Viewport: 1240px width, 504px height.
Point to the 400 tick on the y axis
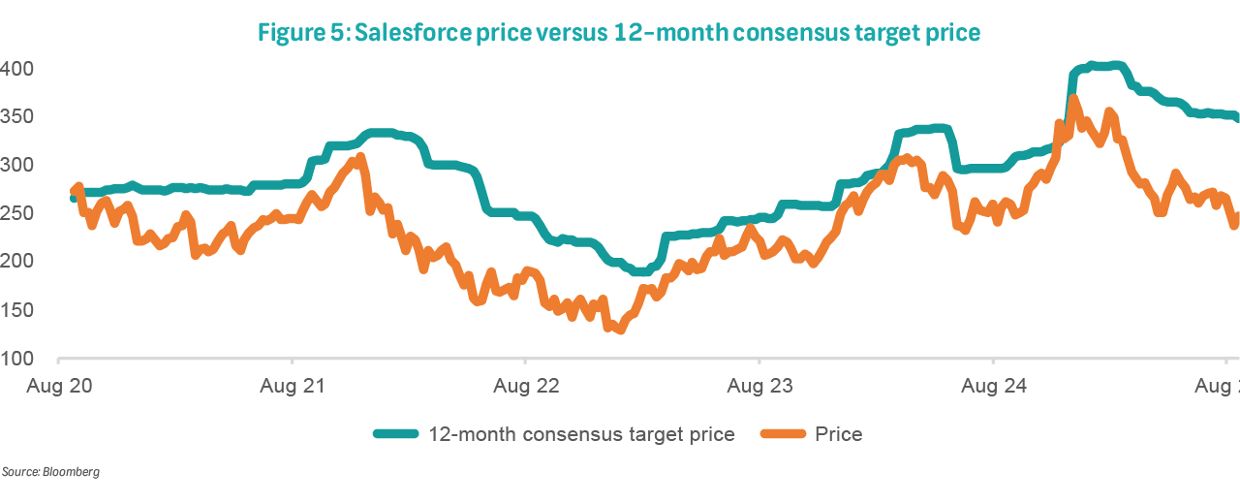pyautogui.click(x=17, y=69)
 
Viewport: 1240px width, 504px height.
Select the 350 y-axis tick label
pyautogui.click(x=17, y=117)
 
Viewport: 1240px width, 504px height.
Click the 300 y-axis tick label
pyautogui.click(x=17, y=166)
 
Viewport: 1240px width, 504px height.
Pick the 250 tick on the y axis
pyautogui.click(x=17, y=213)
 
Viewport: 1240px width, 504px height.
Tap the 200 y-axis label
pyautogui.click(x=17, y=262)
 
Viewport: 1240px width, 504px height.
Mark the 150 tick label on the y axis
pyautogui.click(x=17, y=310)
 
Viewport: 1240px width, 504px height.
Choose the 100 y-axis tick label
pyautogui.click(x=17, y=359)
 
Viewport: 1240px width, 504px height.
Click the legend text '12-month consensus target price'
pyautogui.click(x=581, y=434)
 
